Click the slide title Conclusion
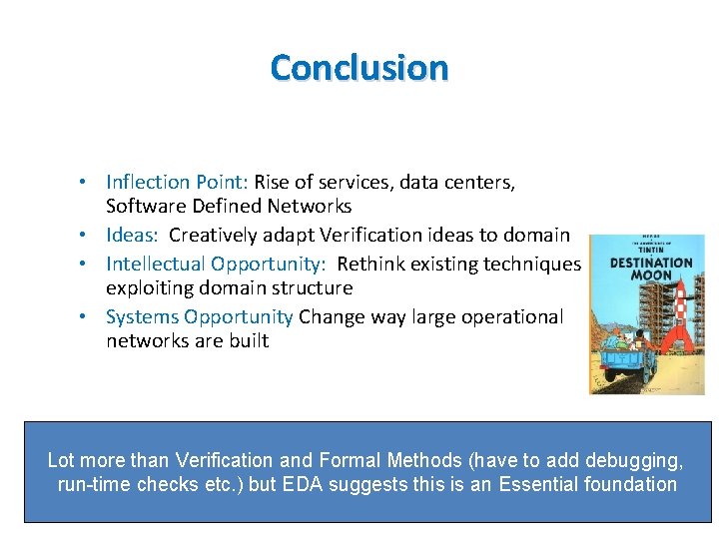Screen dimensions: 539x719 359,68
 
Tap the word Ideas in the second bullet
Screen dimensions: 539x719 132,236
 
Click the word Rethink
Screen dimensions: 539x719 370,264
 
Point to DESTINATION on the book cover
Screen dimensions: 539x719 646,263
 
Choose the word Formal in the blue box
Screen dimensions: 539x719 350,460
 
